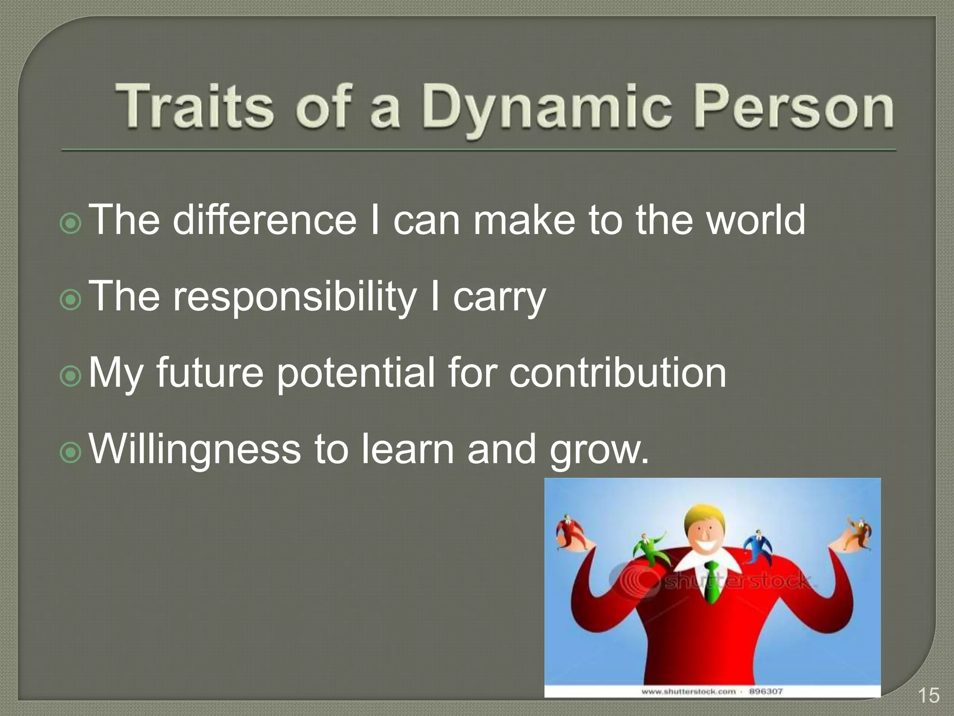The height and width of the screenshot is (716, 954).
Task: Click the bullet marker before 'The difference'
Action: (71, 224)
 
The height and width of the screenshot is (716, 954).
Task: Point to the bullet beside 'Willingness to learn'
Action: (71, 453)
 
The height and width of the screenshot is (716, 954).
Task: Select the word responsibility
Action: (294, 297)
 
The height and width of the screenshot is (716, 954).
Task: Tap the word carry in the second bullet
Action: (499, 298)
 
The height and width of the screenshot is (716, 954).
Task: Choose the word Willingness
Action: (195, 449)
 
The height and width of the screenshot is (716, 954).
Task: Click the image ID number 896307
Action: (765, 691)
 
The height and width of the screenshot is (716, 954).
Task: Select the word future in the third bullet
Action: (210, 373)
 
